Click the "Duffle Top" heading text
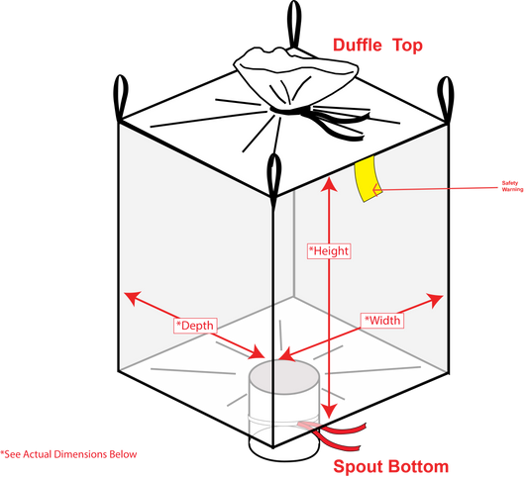[377, 46]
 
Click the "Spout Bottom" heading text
[391, 466]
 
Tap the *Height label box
[329, 251]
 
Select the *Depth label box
[195, 326]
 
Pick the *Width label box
[382, 321]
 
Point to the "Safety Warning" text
[512, 186]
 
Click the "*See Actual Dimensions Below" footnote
[68, 454]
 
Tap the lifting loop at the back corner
[294, 24]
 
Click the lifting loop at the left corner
[121, 98]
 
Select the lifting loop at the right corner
[445, 99]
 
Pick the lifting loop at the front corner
[273, 178]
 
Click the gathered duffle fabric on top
[295, 75]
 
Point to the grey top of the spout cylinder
[284, 377]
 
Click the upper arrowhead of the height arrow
[329, 184]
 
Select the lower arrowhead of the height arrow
[329, 411]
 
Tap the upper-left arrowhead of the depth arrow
[133, 297]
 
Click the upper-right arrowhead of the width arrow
[435, 299]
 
